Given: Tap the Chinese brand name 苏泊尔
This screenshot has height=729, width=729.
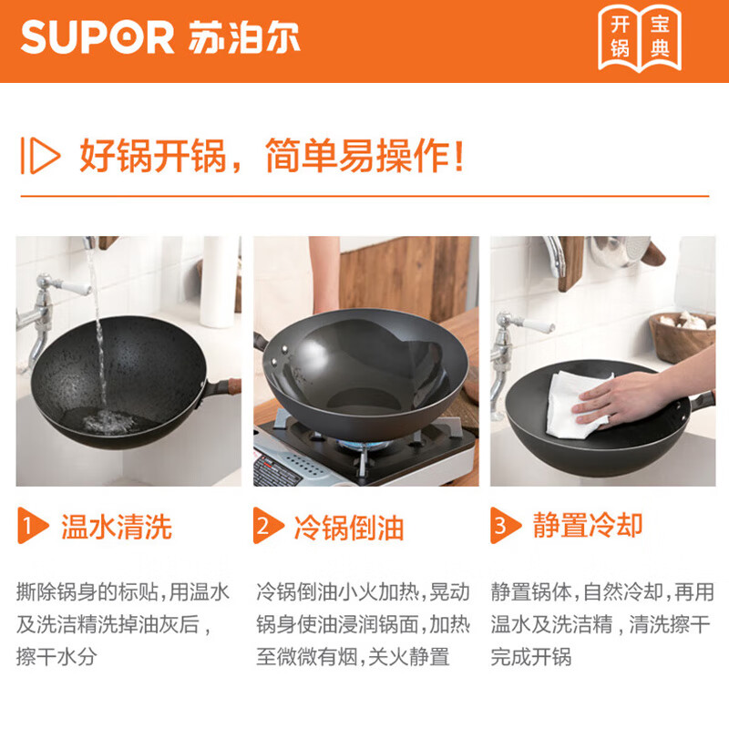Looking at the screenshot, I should point(240,38).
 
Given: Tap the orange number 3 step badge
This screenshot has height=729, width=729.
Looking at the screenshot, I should point(502,526).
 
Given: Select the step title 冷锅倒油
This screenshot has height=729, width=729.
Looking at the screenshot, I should point(349,526).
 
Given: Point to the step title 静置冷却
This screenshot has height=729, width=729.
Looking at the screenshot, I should point(588,526).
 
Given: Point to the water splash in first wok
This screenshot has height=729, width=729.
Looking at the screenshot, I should point(108,421).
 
